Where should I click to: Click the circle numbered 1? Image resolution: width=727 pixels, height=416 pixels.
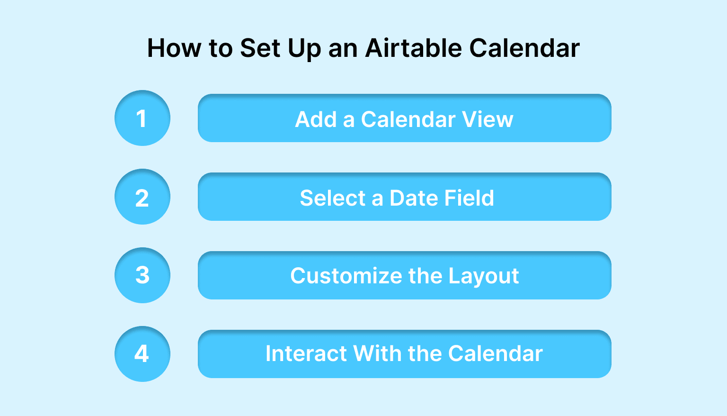[x=142, y=118]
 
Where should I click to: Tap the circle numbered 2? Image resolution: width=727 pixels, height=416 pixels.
[x=142, y=197]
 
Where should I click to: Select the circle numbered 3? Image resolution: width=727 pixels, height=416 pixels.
[x=142, y=275]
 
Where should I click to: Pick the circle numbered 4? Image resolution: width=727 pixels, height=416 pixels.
[x=142, y=354]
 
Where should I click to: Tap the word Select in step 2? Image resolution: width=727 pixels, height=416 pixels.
[x=333, y=198]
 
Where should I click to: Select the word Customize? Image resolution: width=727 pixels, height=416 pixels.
[x=346, y=276]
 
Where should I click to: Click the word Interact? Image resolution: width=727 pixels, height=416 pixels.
[x=306, y=354]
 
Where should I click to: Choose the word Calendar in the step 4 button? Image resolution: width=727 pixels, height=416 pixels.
[x=495, y=354]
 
